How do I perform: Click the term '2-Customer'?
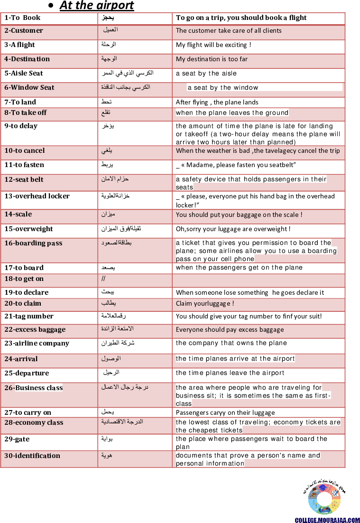click(24, 31)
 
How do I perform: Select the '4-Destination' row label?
click(27, 59)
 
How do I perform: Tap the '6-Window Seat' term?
click(29, 88)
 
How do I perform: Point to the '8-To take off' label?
click(26, 113)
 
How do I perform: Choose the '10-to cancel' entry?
click(25, 151)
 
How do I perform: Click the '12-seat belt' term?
click(24, 180)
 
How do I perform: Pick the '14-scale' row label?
click(18, 215)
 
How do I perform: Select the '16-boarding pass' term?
click(33, 243)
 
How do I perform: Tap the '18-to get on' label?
click(24, 279)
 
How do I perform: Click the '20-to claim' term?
click(23, 304)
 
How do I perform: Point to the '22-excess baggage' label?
click(35, 330)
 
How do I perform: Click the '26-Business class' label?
click(33, 388)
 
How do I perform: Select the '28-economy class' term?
click(34, 423)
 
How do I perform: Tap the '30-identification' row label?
click(32, 456)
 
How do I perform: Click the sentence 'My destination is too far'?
click(212, 59)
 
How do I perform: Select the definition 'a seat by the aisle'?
click(206, 74)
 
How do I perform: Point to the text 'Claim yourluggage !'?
click(204, 304)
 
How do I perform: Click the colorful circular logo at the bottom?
click(324, 499)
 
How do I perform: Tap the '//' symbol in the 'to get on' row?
click(103, 279)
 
